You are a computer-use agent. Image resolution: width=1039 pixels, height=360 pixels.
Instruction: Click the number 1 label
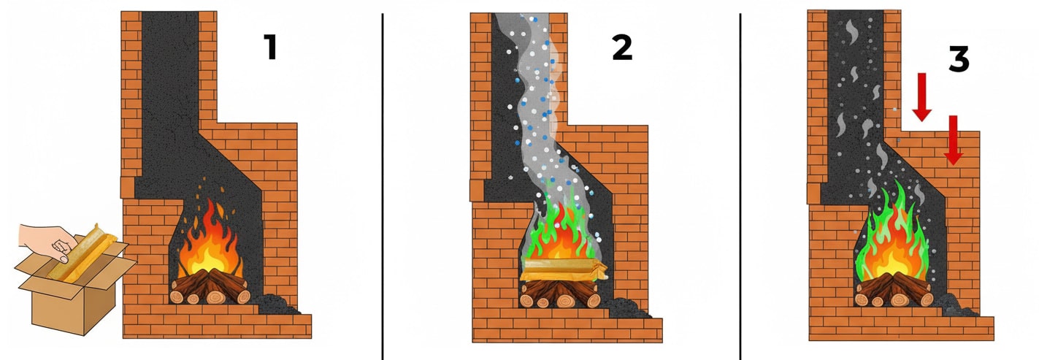click(x=271, y=47)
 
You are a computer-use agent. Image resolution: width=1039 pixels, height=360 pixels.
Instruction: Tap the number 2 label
click(x=622, y=47)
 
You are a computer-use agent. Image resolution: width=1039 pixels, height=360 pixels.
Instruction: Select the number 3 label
click(x=958, y=59)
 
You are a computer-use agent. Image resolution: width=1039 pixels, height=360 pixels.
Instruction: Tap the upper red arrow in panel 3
click(x=921, y=97)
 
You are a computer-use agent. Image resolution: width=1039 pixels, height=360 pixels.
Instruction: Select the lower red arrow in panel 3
click(x=953, y=140)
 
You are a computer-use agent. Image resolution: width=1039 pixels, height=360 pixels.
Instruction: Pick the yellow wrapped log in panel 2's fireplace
click(x=563, y=270)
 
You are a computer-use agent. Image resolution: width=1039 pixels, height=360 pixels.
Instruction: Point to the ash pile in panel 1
click(x=277, y=305)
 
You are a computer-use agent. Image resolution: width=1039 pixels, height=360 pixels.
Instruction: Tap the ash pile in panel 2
click(x=628, y=308)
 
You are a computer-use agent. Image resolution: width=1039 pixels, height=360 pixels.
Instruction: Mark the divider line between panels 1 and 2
click(x=383, y=186)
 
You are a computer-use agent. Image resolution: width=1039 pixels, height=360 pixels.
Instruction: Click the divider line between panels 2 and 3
click(x=740, y=186)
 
